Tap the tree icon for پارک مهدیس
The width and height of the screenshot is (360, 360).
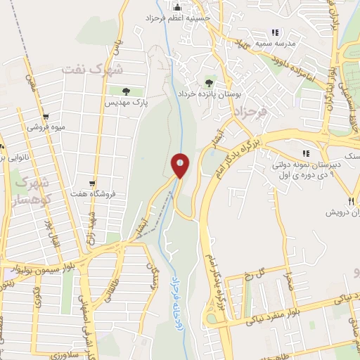point(126,91)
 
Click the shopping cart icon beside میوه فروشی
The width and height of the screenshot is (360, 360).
point(46,117)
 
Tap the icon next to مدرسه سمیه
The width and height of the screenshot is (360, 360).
point(275,32)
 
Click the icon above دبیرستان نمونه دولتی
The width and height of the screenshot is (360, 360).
point(304,153)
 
